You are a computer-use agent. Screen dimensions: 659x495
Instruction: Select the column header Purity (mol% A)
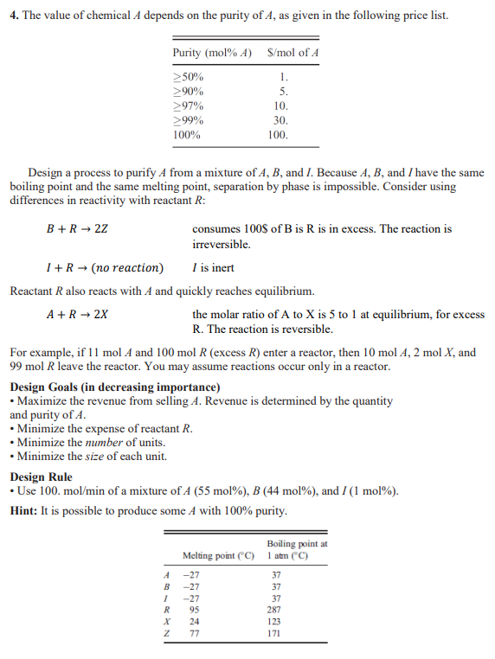tap(212, 53)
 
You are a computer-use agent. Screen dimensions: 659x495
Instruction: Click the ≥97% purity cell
tap(190, 106)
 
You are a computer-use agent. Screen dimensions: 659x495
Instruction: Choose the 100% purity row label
tap(188, 135)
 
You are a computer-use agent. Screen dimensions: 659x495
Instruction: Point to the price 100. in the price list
tap(278, 135)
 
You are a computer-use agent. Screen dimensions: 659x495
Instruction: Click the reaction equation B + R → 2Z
tap(76, 229)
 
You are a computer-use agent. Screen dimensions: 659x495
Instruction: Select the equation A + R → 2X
tap(76, 314)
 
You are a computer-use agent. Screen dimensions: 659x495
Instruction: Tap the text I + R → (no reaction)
tap(103, 267)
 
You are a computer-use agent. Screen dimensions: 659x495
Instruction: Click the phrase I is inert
tap(213, 267)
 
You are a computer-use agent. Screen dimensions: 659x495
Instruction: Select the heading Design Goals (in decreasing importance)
tap(114, 387)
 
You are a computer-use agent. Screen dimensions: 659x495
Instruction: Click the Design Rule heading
tap(41, 477)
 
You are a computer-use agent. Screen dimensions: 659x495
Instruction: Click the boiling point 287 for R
tap(276, 608)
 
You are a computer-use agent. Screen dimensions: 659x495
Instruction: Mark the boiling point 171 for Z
tap(276, 632)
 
